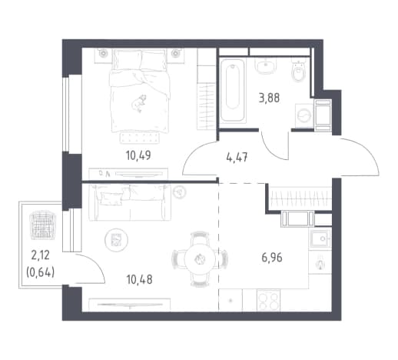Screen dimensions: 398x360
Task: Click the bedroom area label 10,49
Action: [138, 155]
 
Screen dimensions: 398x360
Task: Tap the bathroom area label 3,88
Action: [269, 98]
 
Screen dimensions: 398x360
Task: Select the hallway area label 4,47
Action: [237, 157]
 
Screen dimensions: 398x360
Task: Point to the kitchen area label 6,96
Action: [272, 257]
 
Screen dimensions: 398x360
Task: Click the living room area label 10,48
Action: [139, 279]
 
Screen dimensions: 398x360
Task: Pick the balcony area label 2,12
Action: [40, 255]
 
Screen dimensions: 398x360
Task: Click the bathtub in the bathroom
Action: [233, 90]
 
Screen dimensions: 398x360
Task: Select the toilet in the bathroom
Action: [299, 70]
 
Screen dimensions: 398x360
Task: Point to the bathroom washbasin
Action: [266, 65]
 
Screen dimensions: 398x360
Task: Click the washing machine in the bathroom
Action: [304, 115]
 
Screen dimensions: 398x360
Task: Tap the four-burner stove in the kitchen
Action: [268, 300]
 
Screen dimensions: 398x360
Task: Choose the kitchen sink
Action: [321, 238]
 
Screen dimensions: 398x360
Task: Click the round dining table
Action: [200, 259]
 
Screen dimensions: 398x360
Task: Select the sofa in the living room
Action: [130, 202]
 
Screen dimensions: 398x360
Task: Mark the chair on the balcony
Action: [42, 225]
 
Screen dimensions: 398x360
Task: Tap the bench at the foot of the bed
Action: [140, 138]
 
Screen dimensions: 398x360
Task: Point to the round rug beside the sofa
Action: [116, 240]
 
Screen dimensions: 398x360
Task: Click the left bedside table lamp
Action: [103, 53]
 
